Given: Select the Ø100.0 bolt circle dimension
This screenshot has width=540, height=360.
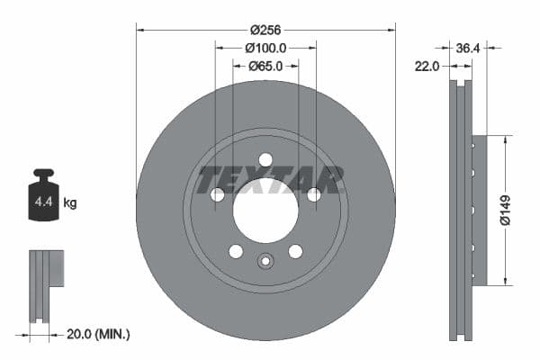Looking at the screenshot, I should [265, 47].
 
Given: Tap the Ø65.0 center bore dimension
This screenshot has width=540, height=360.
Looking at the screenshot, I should [265, 66].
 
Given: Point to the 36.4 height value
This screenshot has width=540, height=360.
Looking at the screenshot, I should [468, 48].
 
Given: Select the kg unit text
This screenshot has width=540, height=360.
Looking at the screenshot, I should [70, 203].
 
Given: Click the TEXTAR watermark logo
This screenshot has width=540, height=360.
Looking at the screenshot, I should [271, 180].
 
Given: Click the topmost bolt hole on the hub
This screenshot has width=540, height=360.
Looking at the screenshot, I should [265, 160].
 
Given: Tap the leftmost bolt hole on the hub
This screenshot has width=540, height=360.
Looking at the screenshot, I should [217, 194].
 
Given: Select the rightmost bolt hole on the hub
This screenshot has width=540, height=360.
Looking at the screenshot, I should [314, 194].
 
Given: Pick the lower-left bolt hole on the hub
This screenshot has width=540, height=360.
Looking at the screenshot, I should [236, 251].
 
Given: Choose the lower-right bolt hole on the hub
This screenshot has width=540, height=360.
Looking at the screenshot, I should [295, 251].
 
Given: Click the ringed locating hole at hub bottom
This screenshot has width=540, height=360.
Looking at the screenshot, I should [265, 262].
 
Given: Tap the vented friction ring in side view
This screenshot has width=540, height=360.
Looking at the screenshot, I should [461, 211].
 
